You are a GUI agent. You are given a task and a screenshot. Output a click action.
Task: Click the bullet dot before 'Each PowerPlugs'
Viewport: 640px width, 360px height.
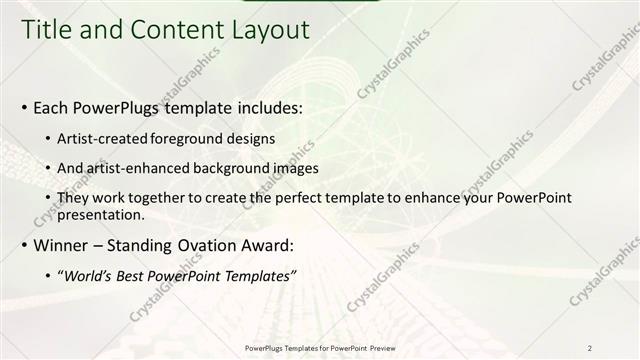25,106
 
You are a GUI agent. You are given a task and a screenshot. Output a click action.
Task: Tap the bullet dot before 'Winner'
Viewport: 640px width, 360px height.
25,245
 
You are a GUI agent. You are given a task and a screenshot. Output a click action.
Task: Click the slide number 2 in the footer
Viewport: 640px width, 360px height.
590,348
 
